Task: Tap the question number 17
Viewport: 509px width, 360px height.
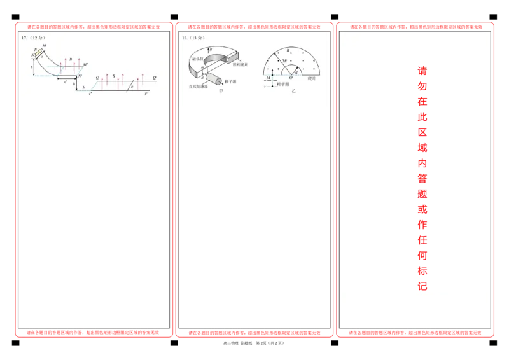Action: (x=24, y=38)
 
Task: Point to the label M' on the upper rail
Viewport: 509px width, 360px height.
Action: (x=85, y=65)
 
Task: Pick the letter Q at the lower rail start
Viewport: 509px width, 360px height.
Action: (x=97, y=78)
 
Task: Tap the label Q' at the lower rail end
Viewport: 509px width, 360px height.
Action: (x=155, y=78)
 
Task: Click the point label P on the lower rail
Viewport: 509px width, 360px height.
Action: (x=90, y=93)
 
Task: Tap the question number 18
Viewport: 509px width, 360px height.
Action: (x=185, y=38)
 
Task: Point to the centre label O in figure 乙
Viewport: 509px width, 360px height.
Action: (x=291, y=78)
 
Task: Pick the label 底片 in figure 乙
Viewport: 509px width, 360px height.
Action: (x=312, y=78)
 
